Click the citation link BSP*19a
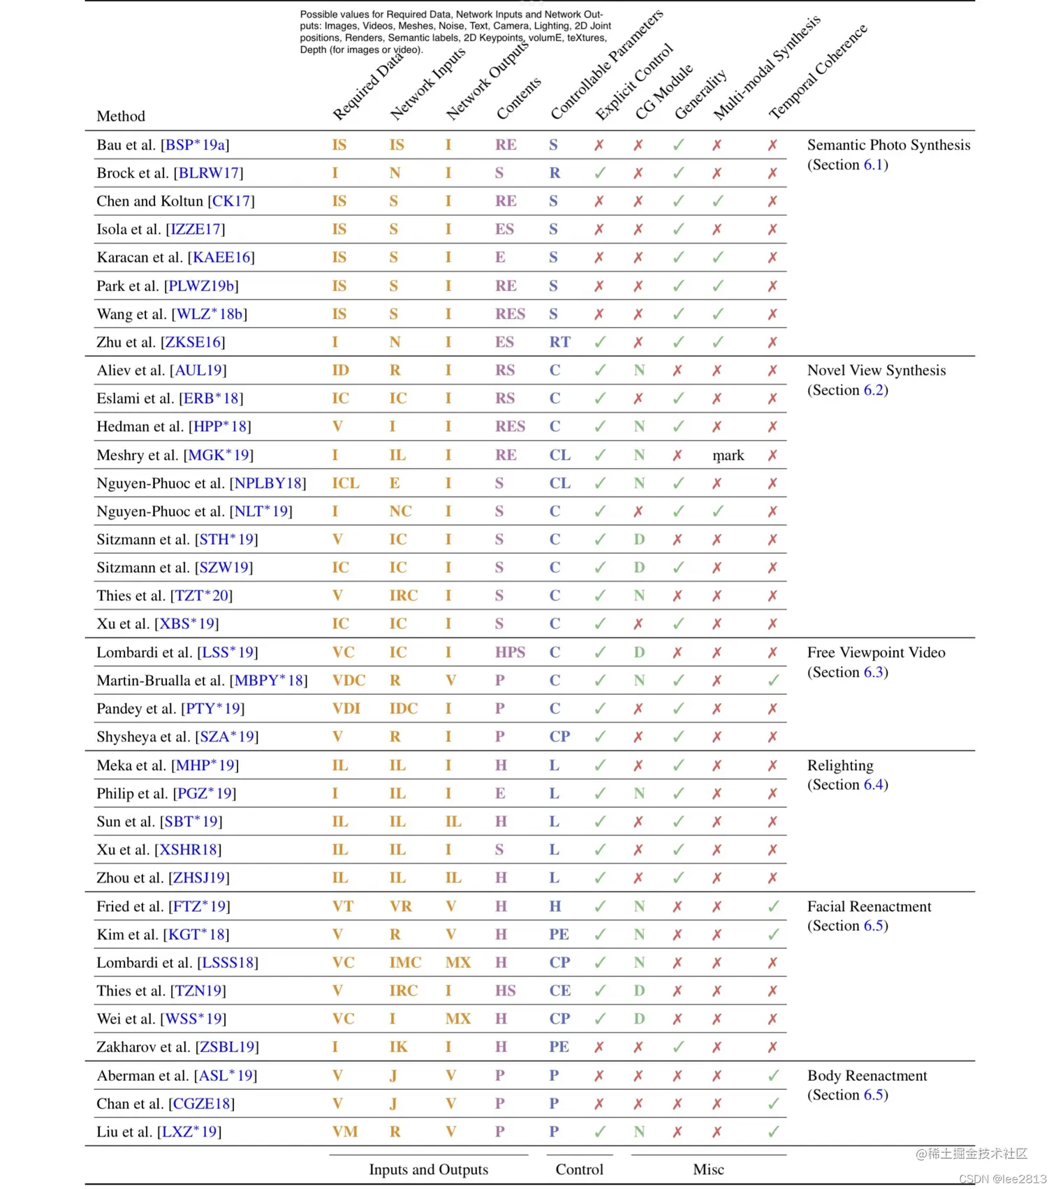click(x=195, y=145)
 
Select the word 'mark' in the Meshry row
click(x=728, y=455)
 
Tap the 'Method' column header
click(x=121, y=116)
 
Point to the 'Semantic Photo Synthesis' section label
click(x=888, y=145)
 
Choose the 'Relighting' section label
click(x=840, y=765)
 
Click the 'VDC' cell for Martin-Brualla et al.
click(x=349, y=681)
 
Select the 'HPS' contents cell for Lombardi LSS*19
click(x=510, y=652)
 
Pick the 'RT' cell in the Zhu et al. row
click(x=559, y=342)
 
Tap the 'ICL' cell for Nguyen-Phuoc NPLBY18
click(x=346, y=483)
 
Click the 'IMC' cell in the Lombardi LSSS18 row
click(x=405, y=963)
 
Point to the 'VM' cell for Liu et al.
click(x=344, y=1132)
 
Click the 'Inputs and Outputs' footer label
click(x=428, y=1169)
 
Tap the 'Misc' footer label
click(x=708, y=1169)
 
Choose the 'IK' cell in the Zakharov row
click(x=398, y=1047)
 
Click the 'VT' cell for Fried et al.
click(x=342, y=906)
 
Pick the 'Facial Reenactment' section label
click(x=869, y=906)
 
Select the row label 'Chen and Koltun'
click(x=149, y=201)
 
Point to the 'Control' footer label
click(x=579, y=1169)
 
